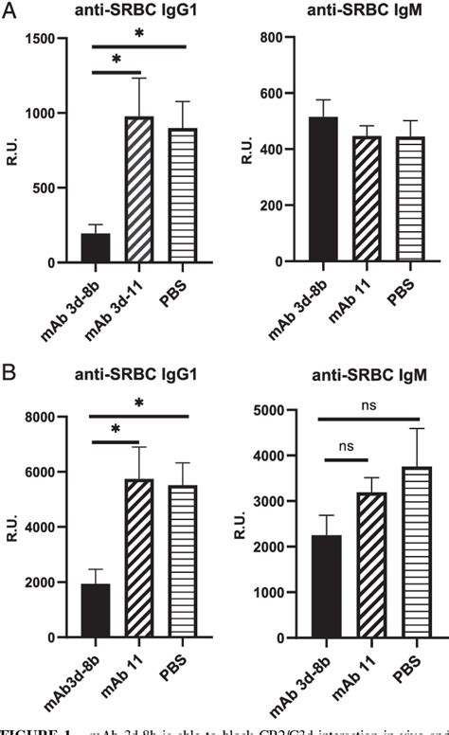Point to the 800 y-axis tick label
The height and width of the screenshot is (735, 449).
click(274, 38)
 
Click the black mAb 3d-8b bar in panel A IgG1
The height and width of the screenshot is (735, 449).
click(96, 248)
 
